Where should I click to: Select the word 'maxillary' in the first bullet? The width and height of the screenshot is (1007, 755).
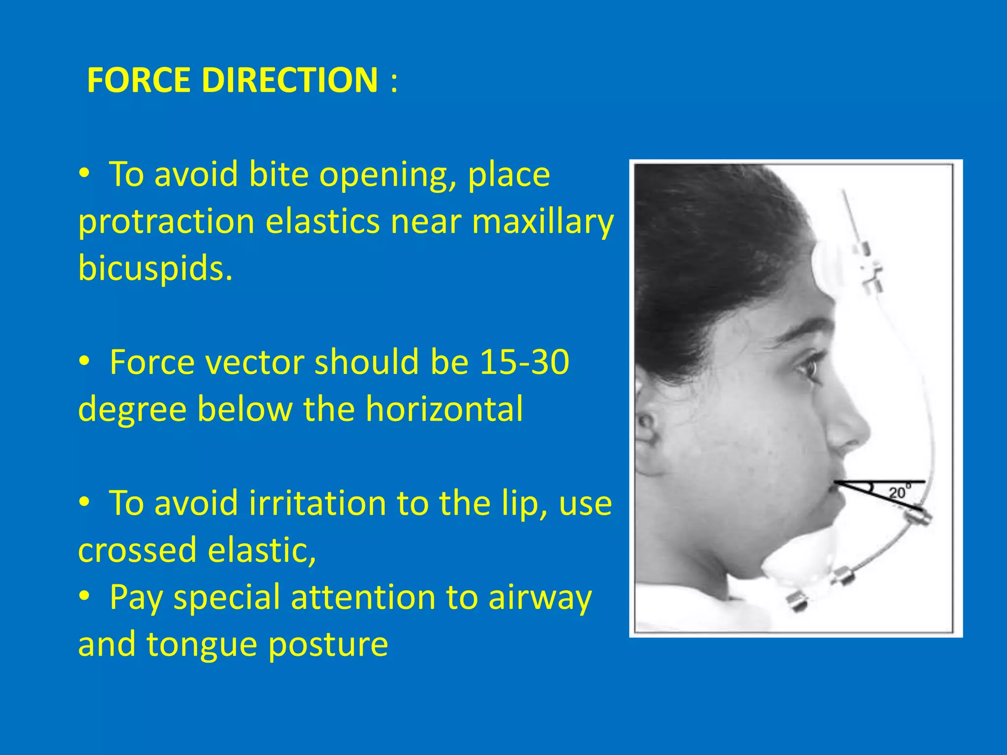point(542,222)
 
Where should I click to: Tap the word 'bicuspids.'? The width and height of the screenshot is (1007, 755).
point(155,269)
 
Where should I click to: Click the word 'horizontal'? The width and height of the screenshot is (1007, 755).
point(444,409)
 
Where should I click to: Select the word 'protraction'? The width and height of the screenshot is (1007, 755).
point(166,222)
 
